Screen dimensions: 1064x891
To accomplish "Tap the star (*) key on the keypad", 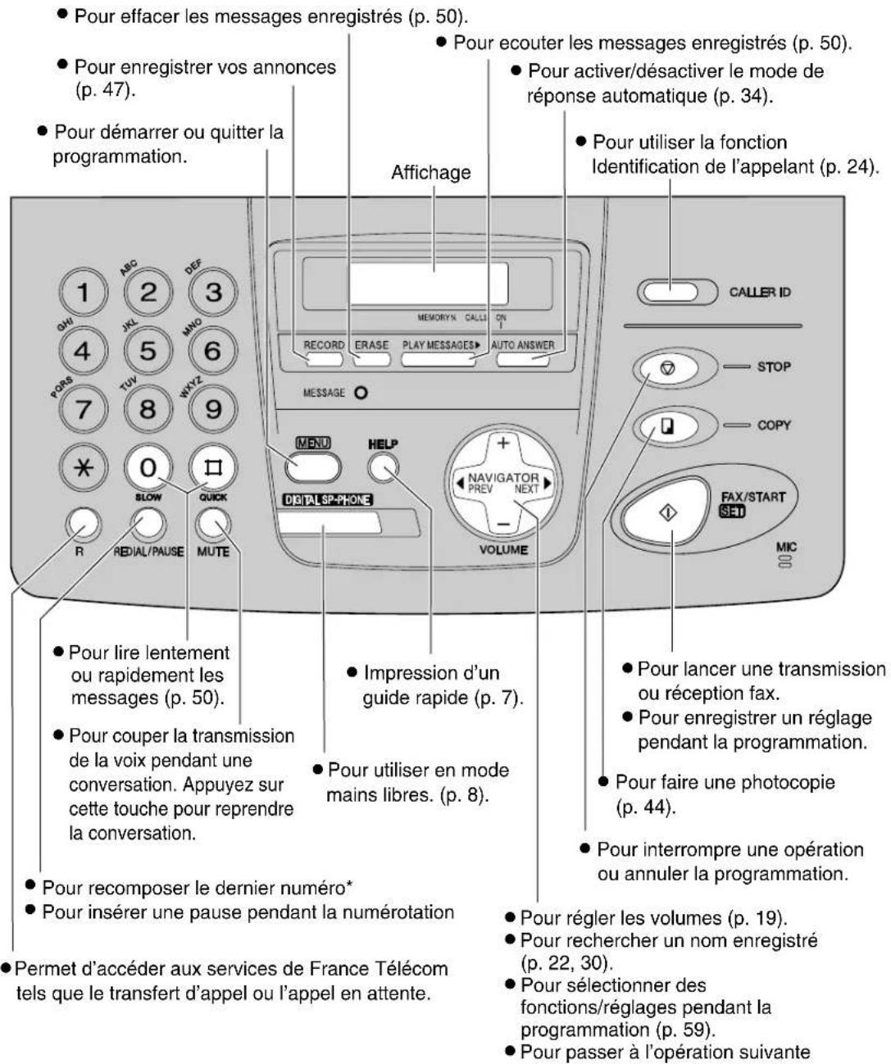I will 84,467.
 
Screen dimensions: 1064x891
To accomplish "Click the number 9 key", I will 212,408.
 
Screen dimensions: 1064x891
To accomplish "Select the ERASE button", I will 371,357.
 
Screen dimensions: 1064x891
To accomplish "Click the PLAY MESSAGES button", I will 439,358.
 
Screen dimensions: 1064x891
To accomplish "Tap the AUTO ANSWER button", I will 523,358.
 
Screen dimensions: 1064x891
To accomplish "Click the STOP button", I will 665,369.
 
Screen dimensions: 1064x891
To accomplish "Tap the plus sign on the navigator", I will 503,443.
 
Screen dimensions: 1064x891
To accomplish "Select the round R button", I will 80,521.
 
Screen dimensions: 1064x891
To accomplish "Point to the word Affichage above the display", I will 430,172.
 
